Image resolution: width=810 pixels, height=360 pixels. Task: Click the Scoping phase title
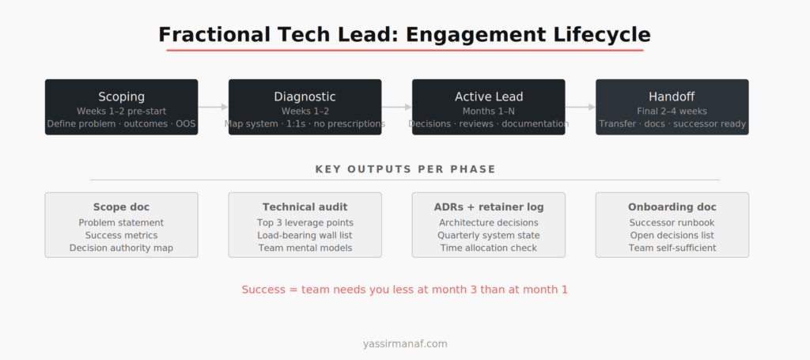(121, 97)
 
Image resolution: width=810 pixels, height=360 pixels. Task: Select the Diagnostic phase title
(305, 97)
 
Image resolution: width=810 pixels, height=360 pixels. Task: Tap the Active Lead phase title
(488, 97)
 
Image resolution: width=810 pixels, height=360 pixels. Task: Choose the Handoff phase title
(672, 97)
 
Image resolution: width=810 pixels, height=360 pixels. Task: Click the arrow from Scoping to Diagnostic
(213, 107)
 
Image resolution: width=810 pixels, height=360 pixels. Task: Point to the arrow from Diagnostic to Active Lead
(396, 107)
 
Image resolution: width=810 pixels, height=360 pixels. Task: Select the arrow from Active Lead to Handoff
(580, 107)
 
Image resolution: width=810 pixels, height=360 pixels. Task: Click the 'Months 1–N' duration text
(488, 111)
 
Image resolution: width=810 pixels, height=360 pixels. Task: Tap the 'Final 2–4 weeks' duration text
(672, 111)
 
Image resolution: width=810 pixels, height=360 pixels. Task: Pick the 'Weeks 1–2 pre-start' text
(121, 111)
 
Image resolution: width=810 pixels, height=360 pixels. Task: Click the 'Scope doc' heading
(121, 207)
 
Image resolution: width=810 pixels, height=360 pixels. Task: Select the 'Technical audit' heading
(305, 207)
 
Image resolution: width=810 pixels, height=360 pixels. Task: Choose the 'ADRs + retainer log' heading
(488, 207)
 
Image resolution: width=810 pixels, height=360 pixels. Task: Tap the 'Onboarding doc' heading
(672, 207)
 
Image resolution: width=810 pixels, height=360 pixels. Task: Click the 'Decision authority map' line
(121, 248)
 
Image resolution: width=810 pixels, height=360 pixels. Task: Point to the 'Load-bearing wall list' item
(305, 235)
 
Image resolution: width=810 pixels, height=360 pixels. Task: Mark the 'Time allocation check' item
(488, 248)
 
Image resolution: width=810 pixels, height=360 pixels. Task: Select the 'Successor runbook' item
(672, 222)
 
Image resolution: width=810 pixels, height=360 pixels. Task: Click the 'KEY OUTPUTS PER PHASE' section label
(405, 169)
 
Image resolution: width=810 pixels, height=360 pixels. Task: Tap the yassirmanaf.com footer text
(405, 343)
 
